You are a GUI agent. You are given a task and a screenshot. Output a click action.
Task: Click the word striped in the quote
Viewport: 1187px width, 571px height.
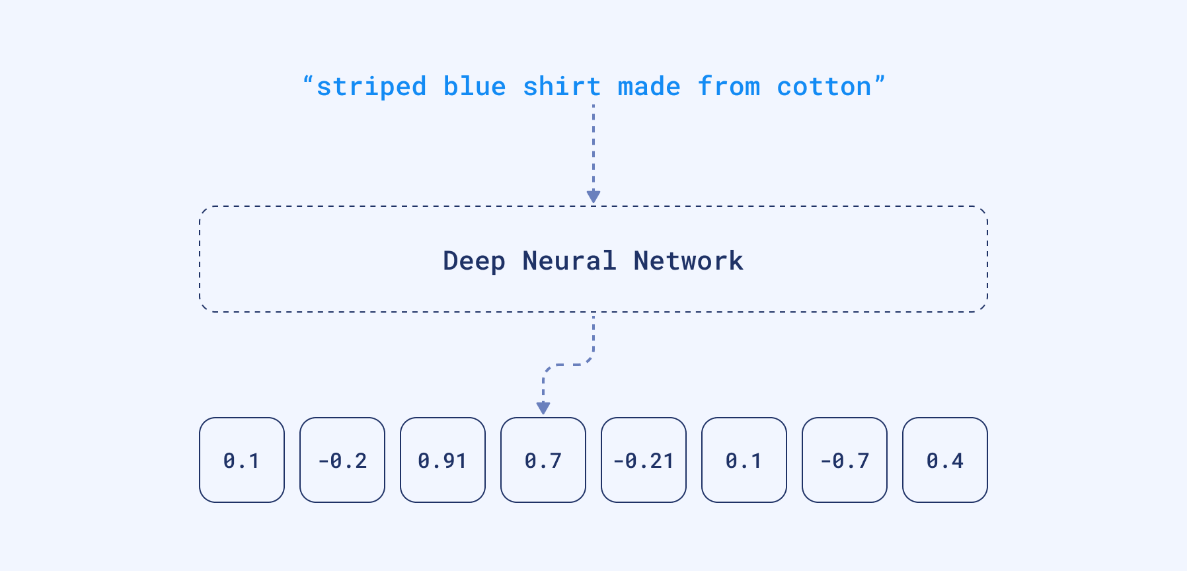pos(371,87)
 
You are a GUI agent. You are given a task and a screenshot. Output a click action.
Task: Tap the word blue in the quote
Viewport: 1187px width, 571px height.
pos(475,87)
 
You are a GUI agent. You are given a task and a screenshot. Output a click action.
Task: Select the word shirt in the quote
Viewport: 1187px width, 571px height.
pos(562,87)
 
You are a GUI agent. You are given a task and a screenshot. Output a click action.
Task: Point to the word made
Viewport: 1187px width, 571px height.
pos(649,87)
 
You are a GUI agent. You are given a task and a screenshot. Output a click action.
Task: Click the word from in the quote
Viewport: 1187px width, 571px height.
pos(729,87)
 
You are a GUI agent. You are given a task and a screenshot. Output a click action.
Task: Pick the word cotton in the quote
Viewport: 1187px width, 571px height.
pos(824,87)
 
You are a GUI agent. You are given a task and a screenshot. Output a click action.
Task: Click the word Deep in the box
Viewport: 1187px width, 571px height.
pos(474,261)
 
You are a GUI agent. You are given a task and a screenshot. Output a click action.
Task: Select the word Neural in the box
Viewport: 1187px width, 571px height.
pos(569,260)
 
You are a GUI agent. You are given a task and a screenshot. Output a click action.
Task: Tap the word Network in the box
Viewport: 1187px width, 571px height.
pos(688,260)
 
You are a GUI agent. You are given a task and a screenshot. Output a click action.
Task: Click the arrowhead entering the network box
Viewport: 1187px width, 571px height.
pos(593,196)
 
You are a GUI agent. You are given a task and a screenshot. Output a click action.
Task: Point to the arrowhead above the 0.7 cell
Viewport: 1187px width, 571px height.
pos(543,408)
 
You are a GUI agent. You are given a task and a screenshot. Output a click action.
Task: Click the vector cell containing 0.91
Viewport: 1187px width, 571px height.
pos(443,460)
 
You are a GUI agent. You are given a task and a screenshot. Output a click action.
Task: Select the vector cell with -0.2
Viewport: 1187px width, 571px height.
pos(342,460)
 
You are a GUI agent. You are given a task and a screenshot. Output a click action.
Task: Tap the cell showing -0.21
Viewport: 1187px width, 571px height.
pos(644,460)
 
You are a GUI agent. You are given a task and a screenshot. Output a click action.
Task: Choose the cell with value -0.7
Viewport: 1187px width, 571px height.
pos(845,460)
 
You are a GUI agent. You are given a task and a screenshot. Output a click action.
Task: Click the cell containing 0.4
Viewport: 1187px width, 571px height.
pos(945,460)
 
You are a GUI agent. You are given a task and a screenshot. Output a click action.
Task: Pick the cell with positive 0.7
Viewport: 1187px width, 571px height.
pos(543,460)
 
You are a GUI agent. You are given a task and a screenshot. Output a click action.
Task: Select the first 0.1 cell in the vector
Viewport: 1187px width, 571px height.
pos(242,460)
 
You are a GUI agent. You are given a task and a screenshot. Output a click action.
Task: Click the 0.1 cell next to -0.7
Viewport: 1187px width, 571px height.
pos(744,460)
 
